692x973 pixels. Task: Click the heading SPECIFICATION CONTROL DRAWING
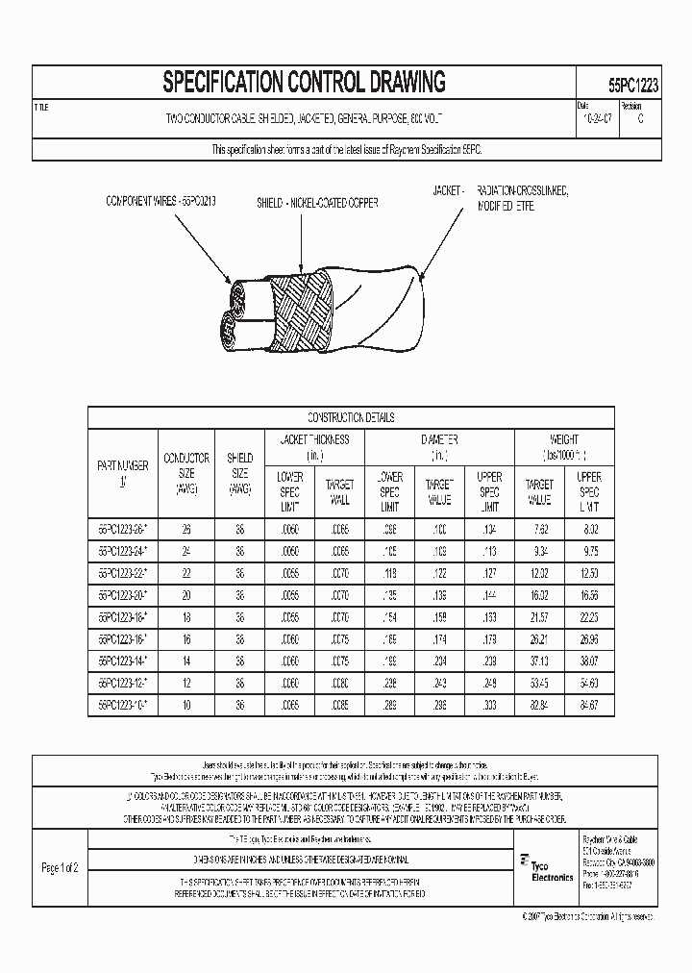coord(304,82)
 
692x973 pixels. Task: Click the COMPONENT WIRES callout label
coord(161,202)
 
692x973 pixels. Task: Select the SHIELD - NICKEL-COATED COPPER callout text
coord(317,204)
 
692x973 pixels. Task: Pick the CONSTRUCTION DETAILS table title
coord(351,417)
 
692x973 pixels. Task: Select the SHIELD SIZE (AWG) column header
coord(239,473)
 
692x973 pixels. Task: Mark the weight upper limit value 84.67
coord(588,704)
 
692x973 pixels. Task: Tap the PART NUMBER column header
coord(122,472)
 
